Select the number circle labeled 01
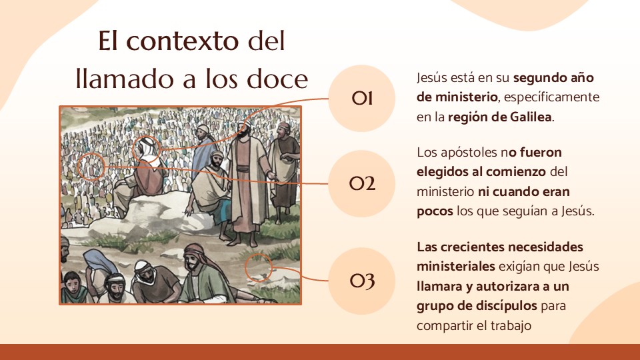tap(361, 99)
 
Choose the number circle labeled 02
tap(361, 184)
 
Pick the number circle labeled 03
tap(361, 281)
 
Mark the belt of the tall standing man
tap(245, 169)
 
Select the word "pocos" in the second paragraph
tap(435, 211)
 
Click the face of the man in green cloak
tap(193, 261)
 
